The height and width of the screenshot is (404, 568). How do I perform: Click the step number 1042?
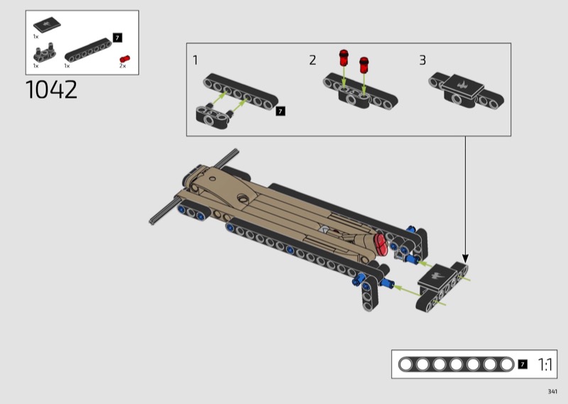tap(51, 90)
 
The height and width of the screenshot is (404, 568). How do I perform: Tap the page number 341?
tap(552, 391)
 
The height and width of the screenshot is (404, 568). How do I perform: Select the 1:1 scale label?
tap(545, 364)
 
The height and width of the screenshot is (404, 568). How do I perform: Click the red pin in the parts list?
tap(125, 59)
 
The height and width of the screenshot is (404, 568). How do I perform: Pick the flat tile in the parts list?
tap(47, 24)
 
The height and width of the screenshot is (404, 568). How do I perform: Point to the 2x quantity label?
tap(123, 66)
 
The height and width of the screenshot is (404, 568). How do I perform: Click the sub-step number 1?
tap(195, 60)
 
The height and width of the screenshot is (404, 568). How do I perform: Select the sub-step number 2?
tap(312, 60)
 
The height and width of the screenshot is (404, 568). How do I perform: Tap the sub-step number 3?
tap(422, 60)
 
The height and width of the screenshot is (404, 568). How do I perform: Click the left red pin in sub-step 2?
tap(344, 58)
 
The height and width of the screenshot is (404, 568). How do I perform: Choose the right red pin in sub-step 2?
tap(364, 65)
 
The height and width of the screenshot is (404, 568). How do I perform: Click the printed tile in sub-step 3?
tap(462, 86)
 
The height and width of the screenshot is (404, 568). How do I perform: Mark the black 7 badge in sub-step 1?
tap(280, 111)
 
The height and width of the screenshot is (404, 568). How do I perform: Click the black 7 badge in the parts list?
tap(117, 38)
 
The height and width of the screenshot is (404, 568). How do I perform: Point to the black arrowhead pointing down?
tap(466, 258)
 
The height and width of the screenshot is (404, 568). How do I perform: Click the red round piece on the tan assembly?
tap(381, 244)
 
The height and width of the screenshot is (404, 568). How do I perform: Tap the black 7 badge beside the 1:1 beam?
tap(523, 364)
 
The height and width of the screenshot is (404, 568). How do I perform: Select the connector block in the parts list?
tap(45, 53)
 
